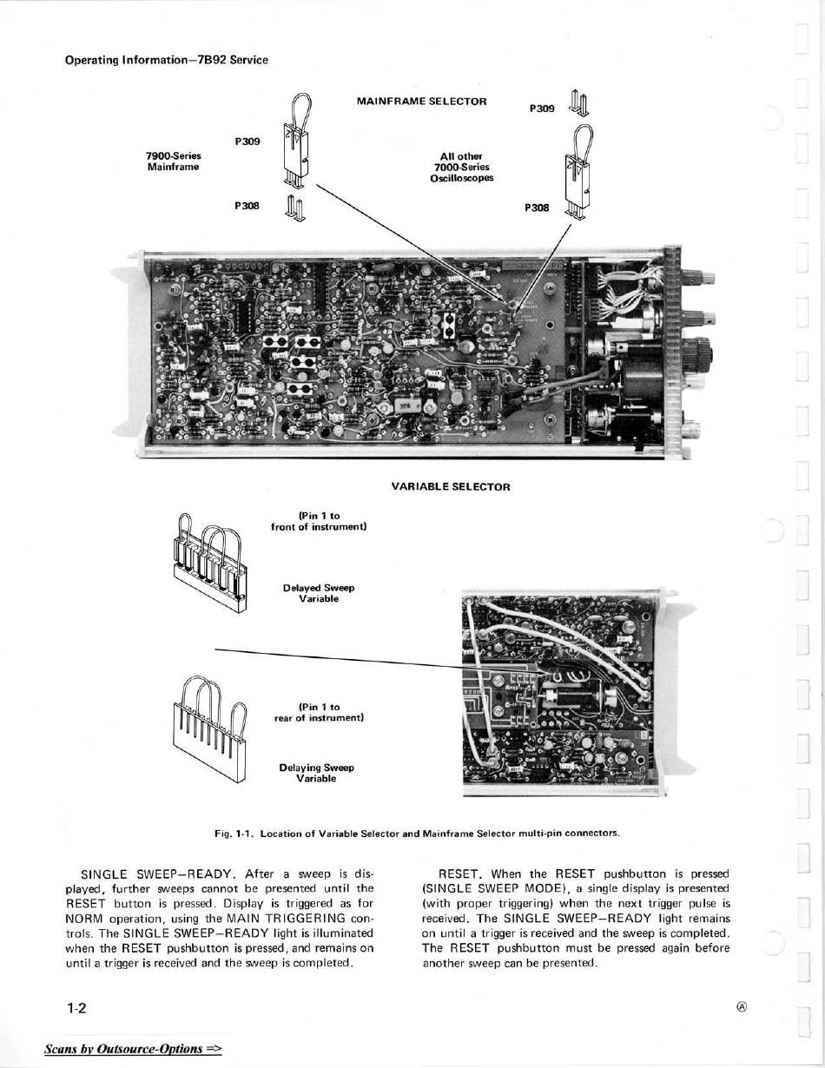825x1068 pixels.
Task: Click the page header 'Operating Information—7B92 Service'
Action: pos(167,60)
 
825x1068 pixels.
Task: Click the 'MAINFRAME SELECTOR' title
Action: pos(421,102)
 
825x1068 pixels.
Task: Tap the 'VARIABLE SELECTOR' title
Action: pos(451,487)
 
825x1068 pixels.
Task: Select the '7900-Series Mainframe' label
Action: pos(174,162)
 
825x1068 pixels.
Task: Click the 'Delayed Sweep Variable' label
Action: pos(318,594)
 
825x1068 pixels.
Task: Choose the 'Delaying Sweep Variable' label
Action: pos(316,773)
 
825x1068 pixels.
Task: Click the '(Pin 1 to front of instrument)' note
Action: pos(319,521)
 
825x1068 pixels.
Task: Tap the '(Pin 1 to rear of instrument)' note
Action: pos(318,713)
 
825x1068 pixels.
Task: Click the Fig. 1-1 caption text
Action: pos(417,833)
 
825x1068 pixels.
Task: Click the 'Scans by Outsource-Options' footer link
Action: pos(133,1048)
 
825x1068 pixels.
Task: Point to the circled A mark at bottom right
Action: pos(742,1007)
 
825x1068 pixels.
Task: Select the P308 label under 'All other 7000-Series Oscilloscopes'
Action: pos(537,208)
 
